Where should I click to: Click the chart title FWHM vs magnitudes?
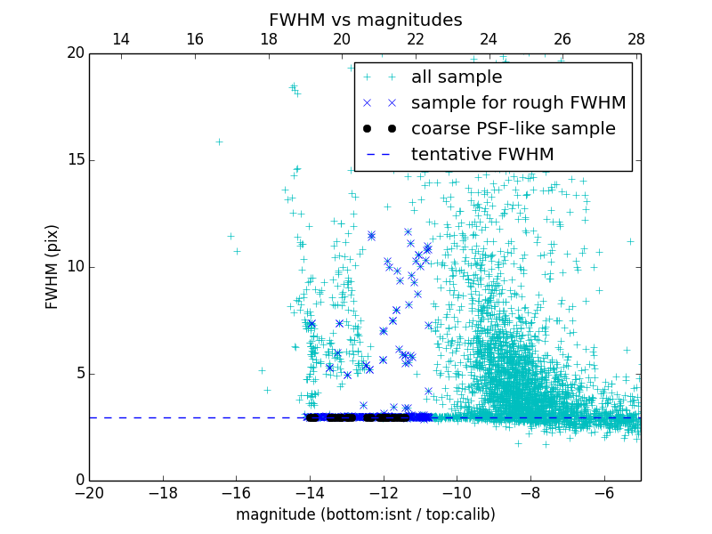(365, 20)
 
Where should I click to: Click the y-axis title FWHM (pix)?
(53, 266)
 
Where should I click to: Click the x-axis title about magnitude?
(365, 514)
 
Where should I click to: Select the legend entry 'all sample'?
(456, 77)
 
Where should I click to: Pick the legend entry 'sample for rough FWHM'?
(518, 103)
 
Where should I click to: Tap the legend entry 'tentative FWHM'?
(482, 155)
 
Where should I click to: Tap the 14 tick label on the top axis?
(121, 39)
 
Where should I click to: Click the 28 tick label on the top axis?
(636, 39)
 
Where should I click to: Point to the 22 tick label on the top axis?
(416, 39)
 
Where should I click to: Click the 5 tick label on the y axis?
(79, 373)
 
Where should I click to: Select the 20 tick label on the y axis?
(75, 53)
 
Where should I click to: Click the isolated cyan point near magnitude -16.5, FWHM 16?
(219, 142)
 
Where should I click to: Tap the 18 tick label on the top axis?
(268, 39)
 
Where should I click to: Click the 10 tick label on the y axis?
(75, 267)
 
